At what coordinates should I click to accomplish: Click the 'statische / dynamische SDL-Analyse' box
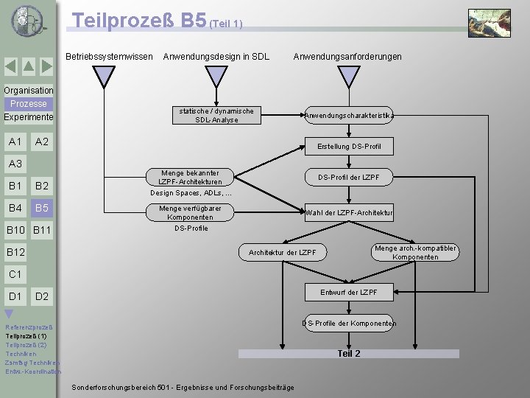pos(216,115)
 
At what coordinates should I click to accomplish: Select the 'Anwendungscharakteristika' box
pos(349,115)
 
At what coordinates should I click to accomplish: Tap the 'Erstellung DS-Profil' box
pos(349,147)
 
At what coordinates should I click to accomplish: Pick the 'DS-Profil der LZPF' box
pos(349,177)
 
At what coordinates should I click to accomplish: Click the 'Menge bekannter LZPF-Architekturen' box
pos(190,177)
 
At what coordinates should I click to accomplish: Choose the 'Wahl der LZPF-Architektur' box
pos(349,213)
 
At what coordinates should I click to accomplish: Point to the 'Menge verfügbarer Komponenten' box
pos(190,213)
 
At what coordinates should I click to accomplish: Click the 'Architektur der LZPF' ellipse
pos(283,253)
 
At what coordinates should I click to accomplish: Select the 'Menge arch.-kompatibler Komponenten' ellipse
pos(416,253)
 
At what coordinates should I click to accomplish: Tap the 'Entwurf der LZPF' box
pos(349,293)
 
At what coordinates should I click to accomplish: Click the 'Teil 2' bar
pos(348,354)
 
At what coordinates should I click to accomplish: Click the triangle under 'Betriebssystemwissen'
pos(106,76)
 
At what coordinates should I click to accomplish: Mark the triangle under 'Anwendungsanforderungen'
pos(347,76)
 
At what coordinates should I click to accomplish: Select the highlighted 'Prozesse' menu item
pos(29,104)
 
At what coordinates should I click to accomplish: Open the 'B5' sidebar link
pos(42,208)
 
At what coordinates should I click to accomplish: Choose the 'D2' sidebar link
pos(42,296)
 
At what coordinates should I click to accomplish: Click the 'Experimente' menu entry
pos(28,117)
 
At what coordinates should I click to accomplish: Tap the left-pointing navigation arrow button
pos(10,66)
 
